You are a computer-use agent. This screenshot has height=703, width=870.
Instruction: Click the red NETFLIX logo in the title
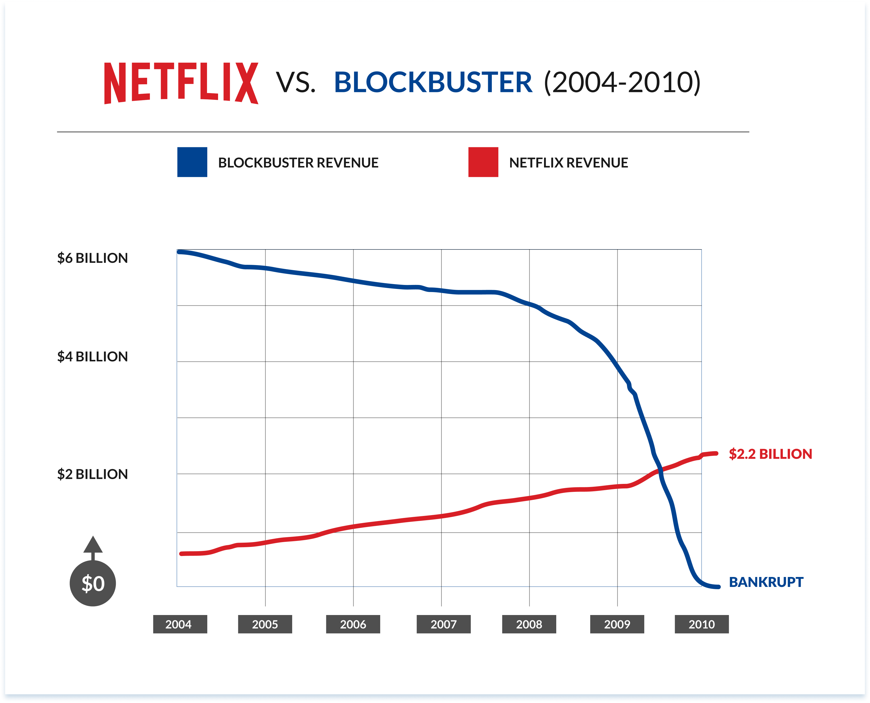pos(181,83)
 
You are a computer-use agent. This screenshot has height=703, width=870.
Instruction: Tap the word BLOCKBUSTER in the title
pos(432,82)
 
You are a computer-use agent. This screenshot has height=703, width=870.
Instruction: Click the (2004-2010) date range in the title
pos(622,82)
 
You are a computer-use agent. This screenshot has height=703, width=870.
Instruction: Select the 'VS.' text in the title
pos(296,82)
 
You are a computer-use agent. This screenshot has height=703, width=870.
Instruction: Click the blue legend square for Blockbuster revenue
pos(192,162)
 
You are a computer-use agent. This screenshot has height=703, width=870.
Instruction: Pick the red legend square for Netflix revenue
pos(483,162)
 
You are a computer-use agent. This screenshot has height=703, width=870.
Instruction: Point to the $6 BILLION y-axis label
pos(92,258)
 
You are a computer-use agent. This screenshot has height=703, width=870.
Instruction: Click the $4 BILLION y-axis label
pos(92,357)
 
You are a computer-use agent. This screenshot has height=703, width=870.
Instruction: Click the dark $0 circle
pos(93,584)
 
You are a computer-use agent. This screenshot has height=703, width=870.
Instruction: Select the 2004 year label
pos(180,624)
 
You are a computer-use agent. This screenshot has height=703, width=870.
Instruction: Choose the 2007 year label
pos(444,624)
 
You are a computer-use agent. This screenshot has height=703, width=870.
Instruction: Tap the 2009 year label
pos(617,624)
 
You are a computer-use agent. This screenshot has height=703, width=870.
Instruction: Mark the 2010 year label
pos(702,624)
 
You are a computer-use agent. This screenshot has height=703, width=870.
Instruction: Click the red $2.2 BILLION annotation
pos(770,454)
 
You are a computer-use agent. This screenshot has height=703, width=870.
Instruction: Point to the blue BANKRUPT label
pos(766,582)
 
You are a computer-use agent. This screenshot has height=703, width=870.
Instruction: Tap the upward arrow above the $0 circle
pos(93,546)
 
